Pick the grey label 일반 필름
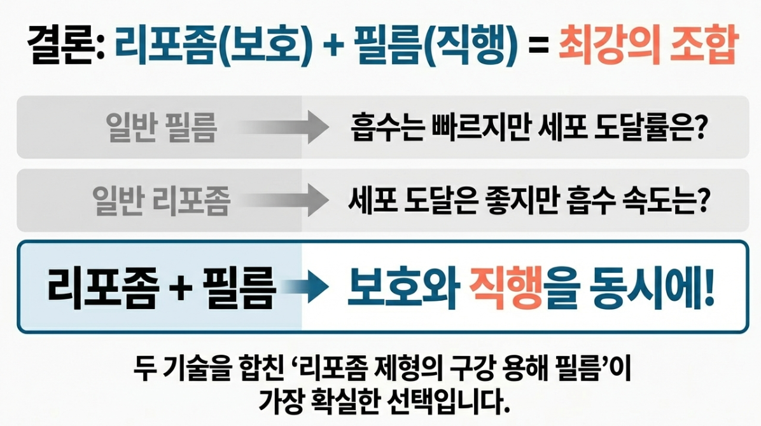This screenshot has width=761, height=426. pyautogui.click(x=162, y=127)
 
